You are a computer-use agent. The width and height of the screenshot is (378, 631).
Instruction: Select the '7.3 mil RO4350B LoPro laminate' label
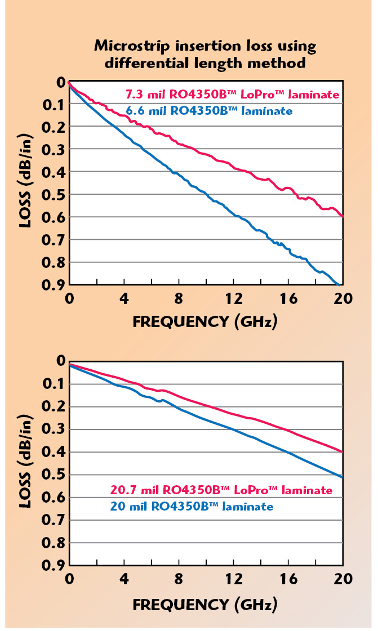(232, 94)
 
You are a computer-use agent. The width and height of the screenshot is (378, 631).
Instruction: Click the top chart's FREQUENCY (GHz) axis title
(205, 322)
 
